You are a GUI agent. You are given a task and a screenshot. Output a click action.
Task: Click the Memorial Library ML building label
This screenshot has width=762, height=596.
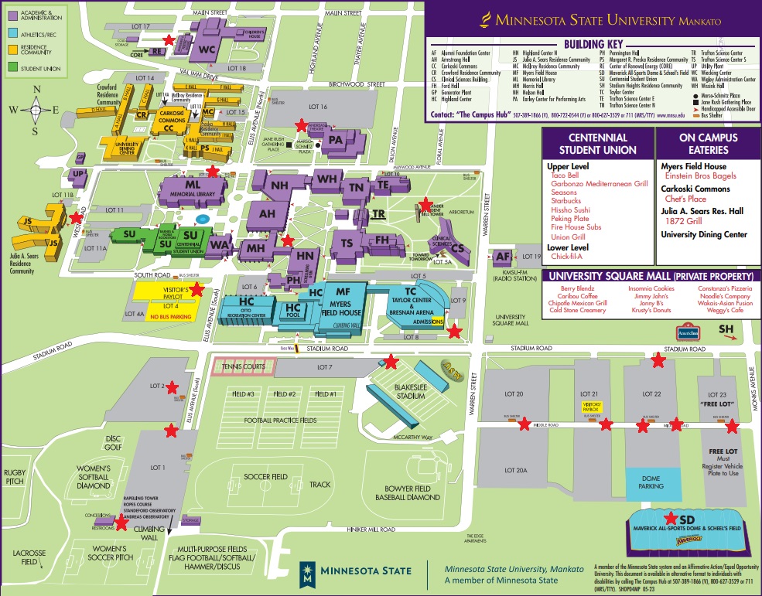(193, 186)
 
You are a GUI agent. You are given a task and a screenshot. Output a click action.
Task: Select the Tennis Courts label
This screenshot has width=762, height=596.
(243, 366)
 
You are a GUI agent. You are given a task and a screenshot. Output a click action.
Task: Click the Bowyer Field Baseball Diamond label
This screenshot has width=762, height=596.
(418, 493)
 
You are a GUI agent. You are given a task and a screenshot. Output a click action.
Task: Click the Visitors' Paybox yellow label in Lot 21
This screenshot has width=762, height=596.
(591, 405)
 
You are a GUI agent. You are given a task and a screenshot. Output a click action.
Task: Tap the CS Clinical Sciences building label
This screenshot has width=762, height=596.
(458, 248)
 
